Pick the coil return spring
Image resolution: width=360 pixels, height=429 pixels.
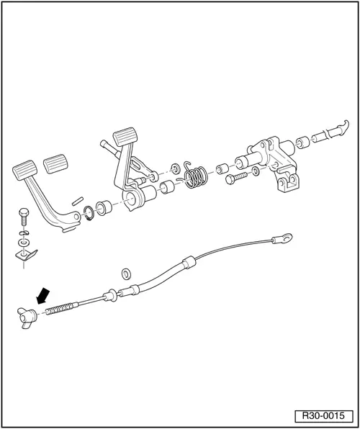[195, 177]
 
